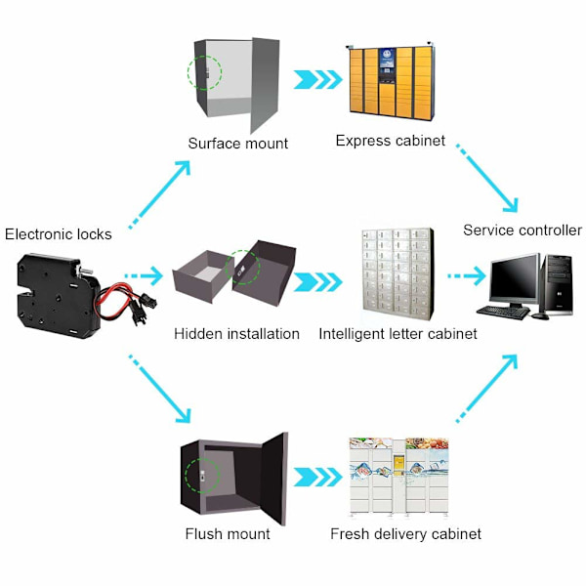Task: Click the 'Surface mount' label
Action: tap(238, 144)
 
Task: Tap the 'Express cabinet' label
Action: tap(390, 141)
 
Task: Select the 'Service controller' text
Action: tap(523, 230)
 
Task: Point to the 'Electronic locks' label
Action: tap(59, 234)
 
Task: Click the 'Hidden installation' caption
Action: tap(236, 334)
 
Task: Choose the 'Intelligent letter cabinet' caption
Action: tap(398, 334)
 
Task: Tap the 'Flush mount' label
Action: tap(228, 533)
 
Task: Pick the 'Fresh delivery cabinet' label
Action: tap(405, 533)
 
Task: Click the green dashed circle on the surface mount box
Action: tap(188, 73)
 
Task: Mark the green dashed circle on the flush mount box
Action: tap(186, 476)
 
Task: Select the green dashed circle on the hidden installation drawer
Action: tap(227, 268)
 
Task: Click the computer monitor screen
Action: tap(515, 277)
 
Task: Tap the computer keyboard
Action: tap(503, 313)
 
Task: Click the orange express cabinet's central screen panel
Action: tap(387, 65)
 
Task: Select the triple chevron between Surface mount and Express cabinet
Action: tap(317, 79)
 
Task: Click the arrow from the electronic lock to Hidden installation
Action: tap(144, 276)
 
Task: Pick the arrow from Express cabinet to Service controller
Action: tap(487, 178)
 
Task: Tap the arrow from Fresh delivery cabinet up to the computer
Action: tap(487, 389)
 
